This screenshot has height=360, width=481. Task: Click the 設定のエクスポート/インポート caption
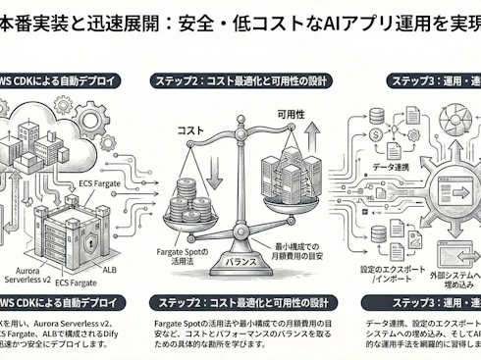395,272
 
